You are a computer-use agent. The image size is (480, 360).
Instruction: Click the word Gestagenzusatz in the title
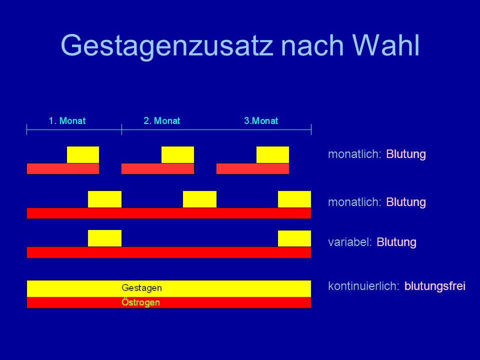coord(167,46)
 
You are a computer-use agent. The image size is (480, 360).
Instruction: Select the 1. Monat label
coord(67,120)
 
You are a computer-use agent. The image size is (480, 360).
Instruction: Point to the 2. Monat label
coord(162,120)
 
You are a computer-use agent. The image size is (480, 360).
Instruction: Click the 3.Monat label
coord(261,120)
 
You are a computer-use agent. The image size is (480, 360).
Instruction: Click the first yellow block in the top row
coord(83,155)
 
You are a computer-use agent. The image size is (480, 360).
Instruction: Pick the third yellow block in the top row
coord(273,155)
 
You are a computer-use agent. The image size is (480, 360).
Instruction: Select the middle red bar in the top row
coord(157,168)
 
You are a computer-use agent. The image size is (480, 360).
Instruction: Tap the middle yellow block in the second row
coord(199,199)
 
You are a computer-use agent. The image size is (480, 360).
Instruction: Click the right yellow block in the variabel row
coord(294,238)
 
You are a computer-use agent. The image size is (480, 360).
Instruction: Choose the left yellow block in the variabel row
coord(104,238)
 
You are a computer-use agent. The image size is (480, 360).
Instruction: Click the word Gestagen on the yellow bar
coord(141,288)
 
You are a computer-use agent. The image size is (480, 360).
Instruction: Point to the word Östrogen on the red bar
coord(141,302)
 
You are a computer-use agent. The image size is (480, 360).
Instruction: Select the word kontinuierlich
coord(363,286)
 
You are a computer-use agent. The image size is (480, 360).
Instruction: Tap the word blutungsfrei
coord(435,286)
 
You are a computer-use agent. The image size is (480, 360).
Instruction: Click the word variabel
coord(350,242)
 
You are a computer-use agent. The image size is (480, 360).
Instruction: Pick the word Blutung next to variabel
coord(396,242)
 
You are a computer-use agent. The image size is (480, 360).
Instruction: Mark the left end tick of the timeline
coord(27,129)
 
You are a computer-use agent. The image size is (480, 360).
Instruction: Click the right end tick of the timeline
coord(311,129)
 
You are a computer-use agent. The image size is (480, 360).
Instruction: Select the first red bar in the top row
coord(63,168)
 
